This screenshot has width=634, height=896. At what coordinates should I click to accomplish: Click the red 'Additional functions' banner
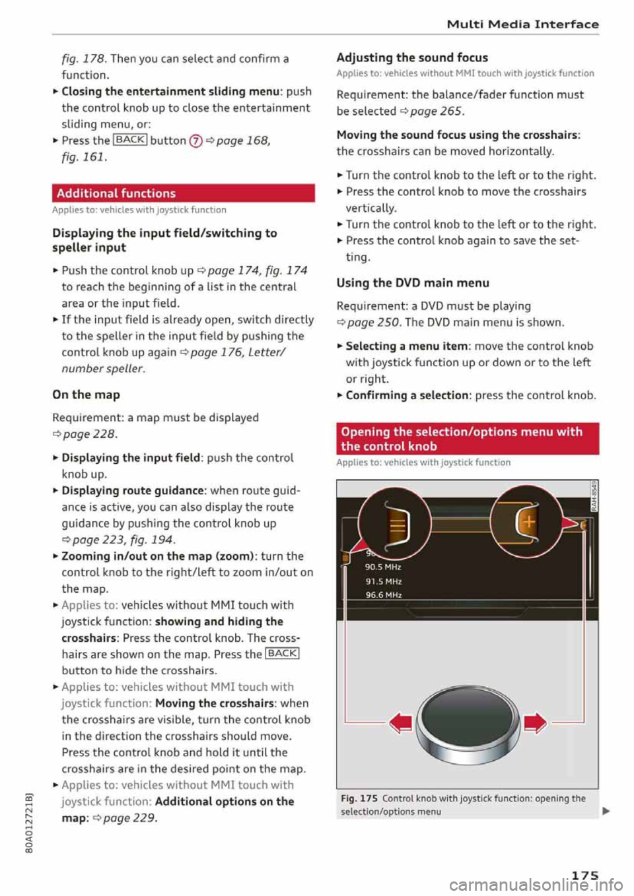click(183, 193)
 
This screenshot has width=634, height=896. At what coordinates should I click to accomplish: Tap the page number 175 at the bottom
click(584, 875)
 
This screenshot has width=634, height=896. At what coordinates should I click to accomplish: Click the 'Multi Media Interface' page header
click(522, 24)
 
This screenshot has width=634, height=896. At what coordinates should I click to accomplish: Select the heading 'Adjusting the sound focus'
click(412, 57)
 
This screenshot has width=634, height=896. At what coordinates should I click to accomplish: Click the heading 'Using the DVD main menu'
click(413, 283)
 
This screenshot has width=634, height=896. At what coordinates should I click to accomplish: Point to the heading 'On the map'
click(86, 395)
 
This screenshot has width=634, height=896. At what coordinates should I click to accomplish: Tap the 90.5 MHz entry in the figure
click(383, 567)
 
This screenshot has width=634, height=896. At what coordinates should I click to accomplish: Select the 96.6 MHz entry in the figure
click(383, 594)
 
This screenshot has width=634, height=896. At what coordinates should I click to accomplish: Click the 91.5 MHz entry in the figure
click(383, 581)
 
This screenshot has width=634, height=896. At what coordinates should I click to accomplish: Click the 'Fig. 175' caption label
click(359, 798)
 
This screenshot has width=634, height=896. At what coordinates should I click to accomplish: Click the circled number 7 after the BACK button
click(195, 141)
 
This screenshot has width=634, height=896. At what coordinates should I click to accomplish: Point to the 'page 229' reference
click(129, 818)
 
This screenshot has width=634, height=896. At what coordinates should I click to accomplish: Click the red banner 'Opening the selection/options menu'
click(467, 439)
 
